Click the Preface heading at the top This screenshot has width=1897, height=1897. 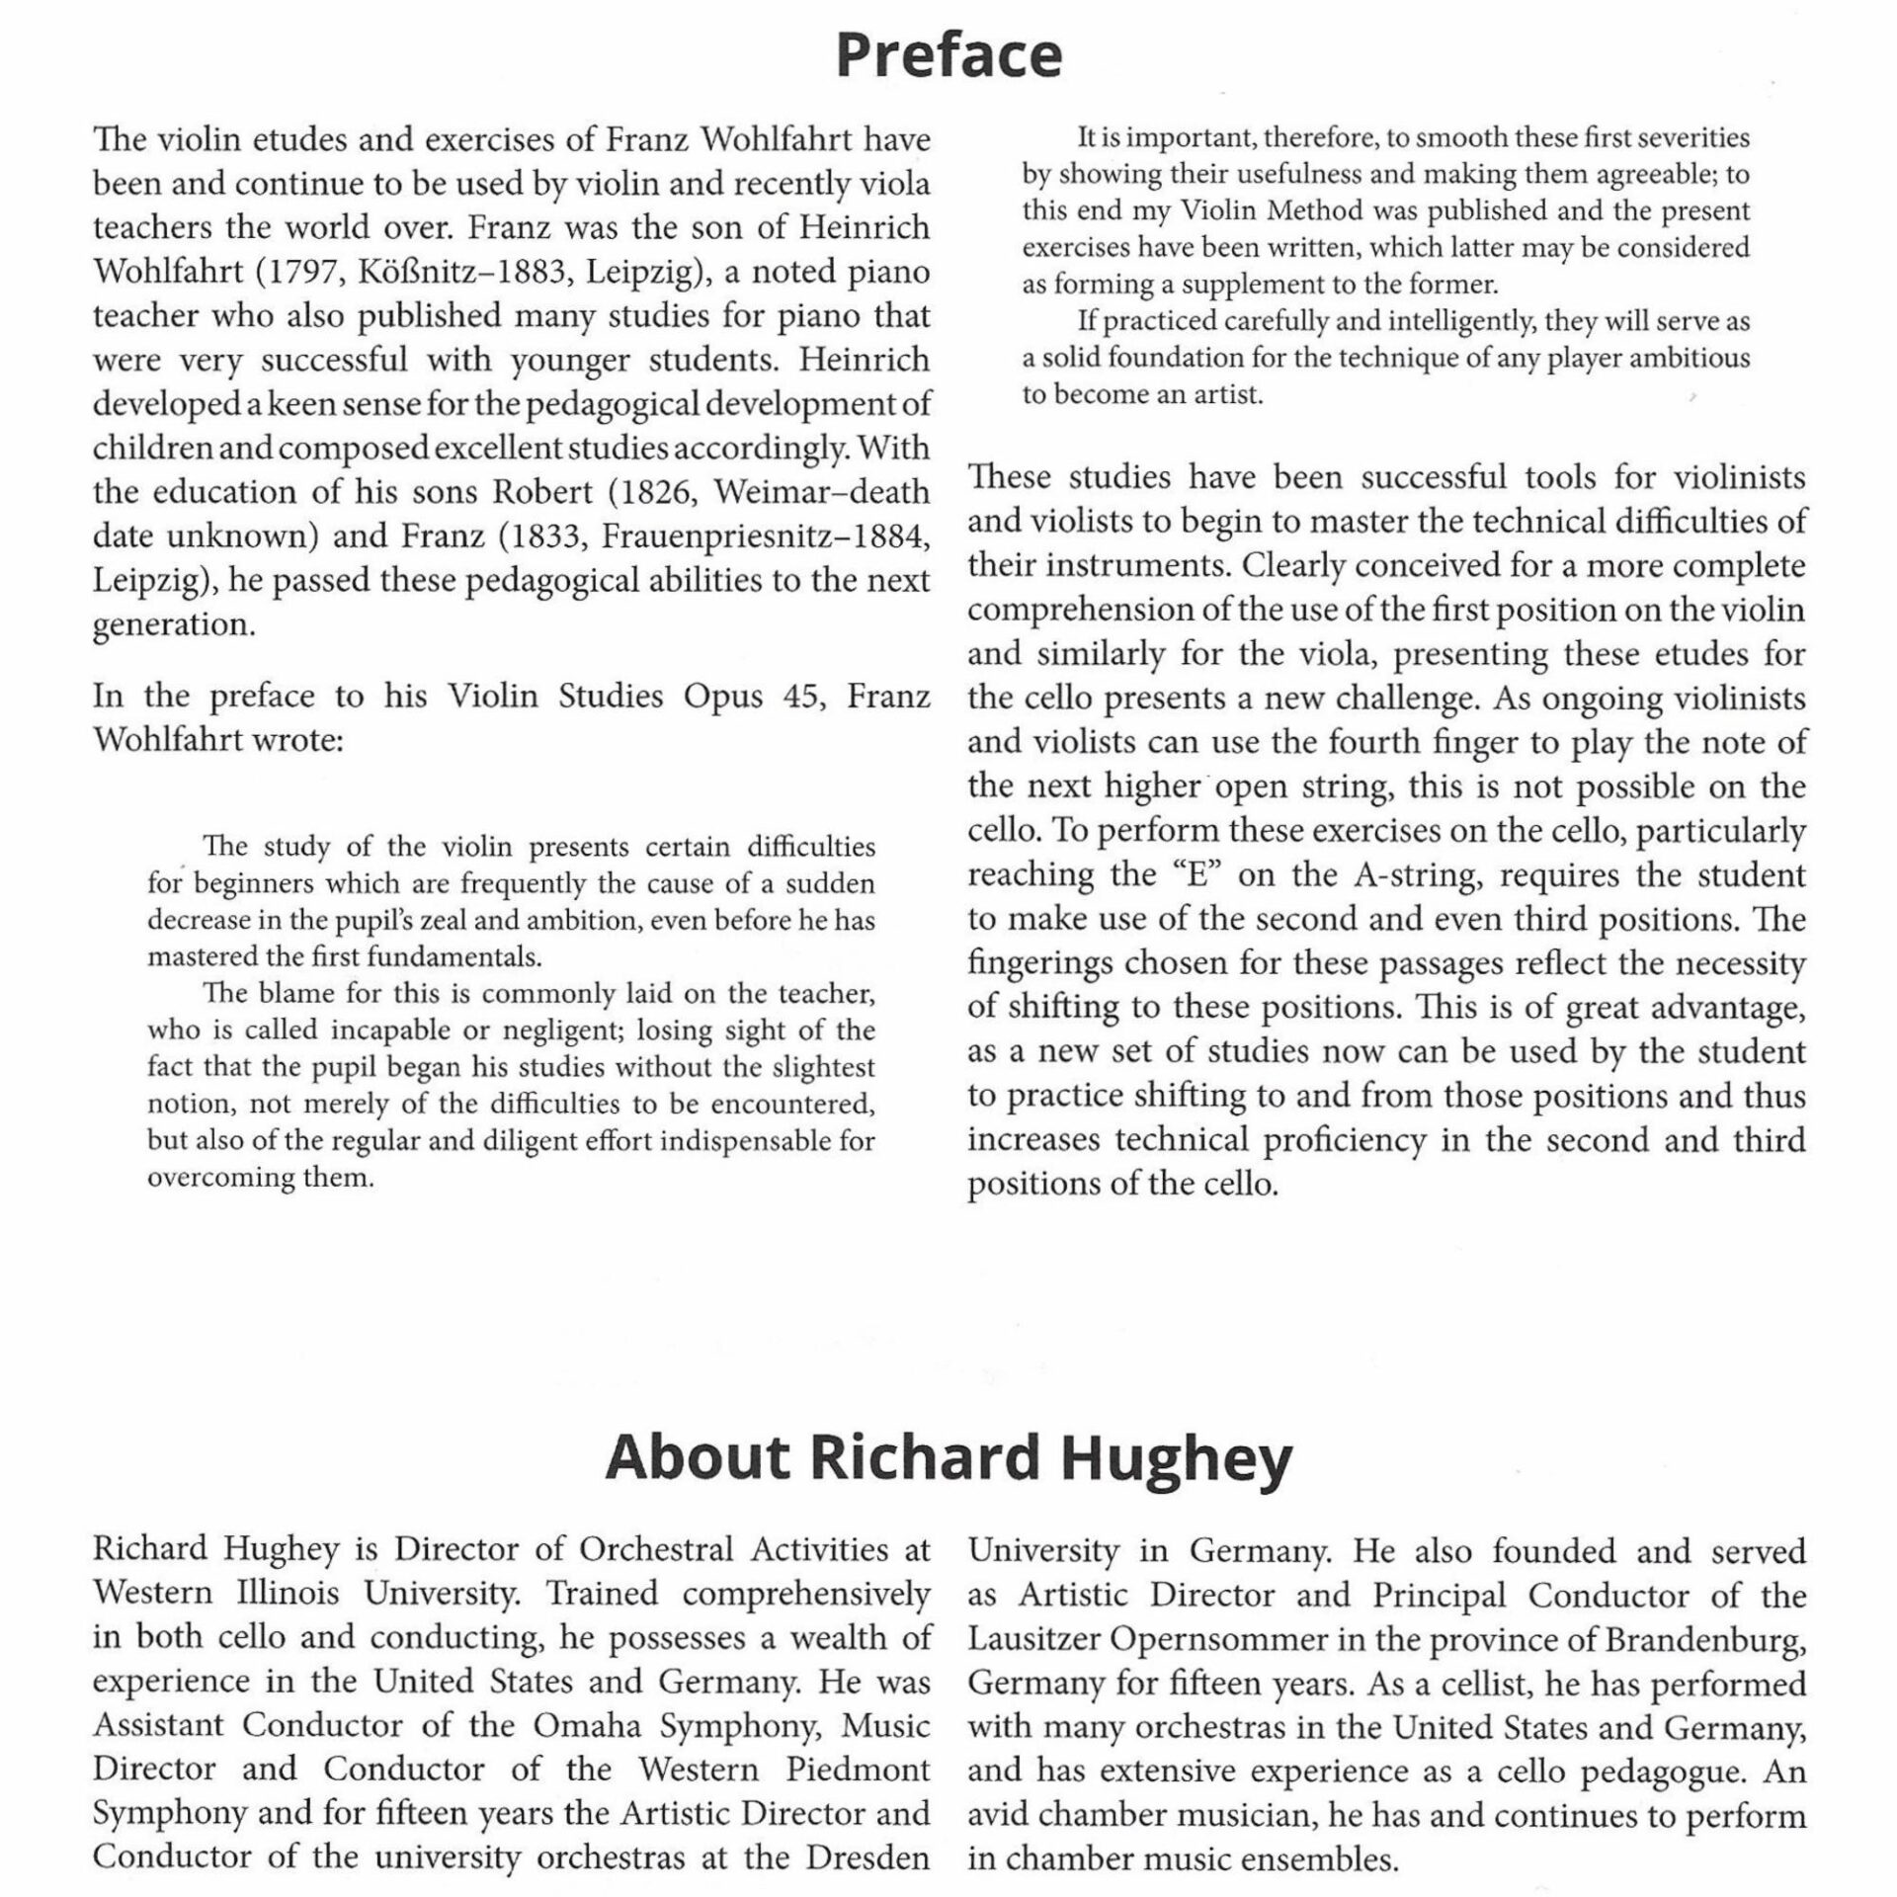(948, 55)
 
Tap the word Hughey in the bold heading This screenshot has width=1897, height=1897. (1176, 1458)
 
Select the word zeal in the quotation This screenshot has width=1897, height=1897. (421, 921)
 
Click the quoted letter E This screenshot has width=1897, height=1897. (1196, 875)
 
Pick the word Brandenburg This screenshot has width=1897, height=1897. (1705, 1639)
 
